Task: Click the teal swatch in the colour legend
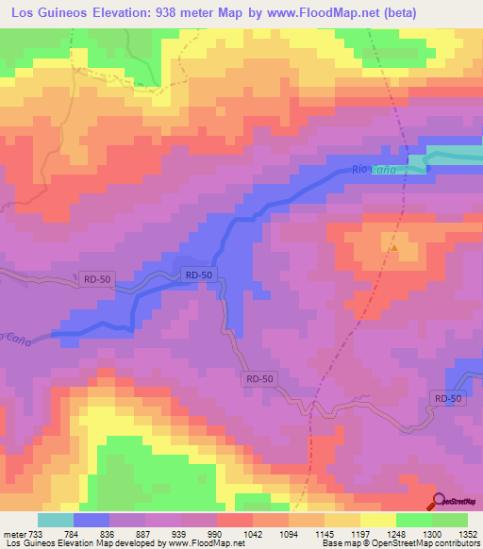[56, 521]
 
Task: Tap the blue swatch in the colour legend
[92, 521]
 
